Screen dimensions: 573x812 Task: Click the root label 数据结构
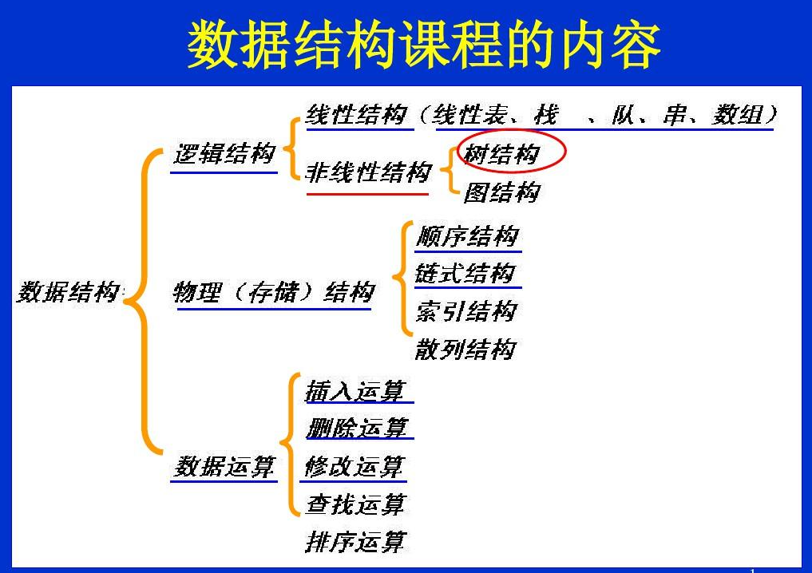pos(69,293)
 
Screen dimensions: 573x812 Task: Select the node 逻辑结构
pos(224,153)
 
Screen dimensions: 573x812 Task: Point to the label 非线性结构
pos(368,172)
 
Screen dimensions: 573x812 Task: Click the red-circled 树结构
pos(501,153)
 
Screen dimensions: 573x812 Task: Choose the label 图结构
pos(501,192)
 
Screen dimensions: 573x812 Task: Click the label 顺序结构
pos(467,236)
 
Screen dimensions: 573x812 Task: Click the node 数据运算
pos(224,466)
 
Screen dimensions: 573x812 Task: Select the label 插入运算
pos(355,391)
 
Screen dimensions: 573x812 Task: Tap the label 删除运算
pos(356,428)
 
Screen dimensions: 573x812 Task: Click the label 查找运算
pos(355,504)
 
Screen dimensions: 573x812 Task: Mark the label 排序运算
pos(355,542)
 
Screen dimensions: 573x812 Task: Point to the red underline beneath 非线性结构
pos(367,193)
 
